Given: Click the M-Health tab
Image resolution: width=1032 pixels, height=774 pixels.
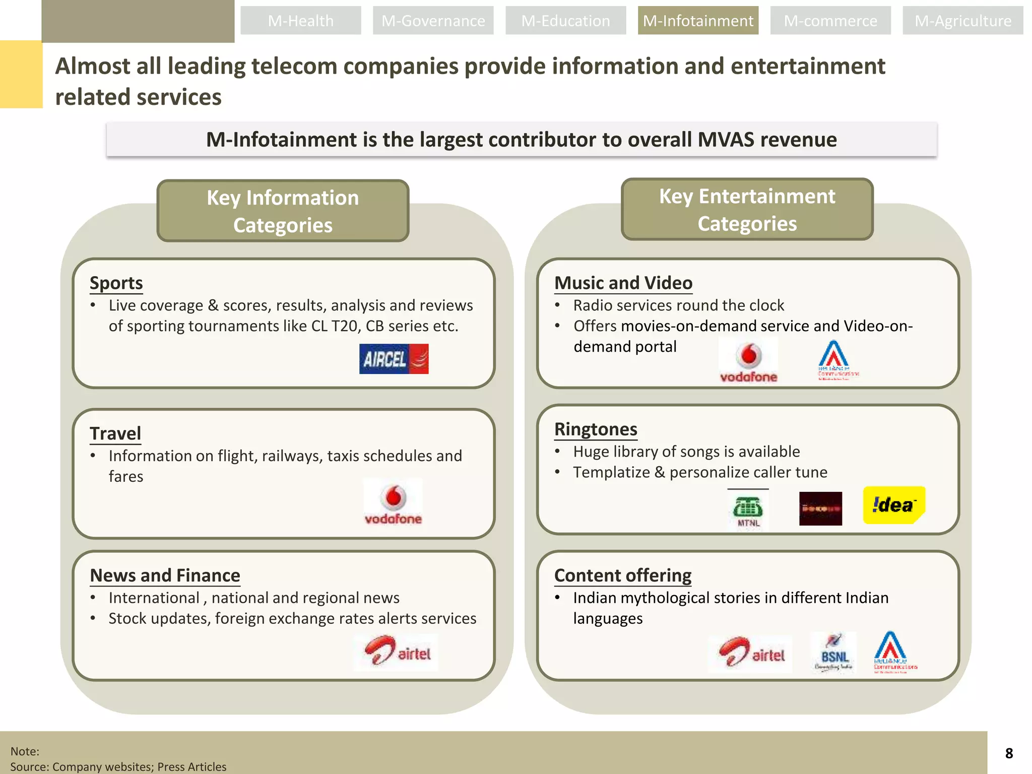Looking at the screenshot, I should pos(300,21).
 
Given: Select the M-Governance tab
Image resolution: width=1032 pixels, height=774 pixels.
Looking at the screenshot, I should pos(433,21).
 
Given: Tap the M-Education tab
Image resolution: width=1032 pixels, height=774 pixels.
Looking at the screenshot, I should pos(565,21).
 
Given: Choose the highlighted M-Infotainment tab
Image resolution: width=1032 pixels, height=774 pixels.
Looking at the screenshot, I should pos(698,21).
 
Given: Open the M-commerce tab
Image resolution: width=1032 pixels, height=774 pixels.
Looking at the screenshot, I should pos(830,21).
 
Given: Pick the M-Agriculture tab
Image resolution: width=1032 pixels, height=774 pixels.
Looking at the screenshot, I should pos(962,21).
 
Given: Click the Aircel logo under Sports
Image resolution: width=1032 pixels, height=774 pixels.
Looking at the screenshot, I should pos(394,359).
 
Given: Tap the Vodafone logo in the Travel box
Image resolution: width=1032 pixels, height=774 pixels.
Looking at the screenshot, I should pos(393,502).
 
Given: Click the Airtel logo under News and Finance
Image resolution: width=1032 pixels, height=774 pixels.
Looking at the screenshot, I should pos(397,653).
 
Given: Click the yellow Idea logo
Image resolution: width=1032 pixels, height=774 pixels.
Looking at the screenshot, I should pos(894,505).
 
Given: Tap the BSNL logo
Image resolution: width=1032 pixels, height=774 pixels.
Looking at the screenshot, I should pos(834,653).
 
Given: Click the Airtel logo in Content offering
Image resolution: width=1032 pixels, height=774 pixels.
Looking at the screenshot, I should pos(750,654).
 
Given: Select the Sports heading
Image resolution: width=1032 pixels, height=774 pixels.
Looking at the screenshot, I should pos(116,283).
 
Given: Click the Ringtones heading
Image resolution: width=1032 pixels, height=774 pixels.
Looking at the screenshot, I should pos(596,429).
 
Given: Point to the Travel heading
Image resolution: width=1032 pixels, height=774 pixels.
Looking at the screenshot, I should pos(115,433).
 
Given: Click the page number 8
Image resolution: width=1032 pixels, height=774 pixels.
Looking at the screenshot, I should pos(1009,753).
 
